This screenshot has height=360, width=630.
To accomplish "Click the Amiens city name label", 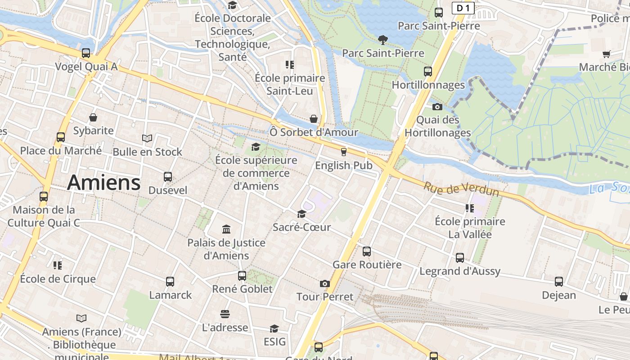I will point(104,183).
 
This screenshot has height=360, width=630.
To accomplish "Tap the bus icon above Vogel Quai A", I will point(86,53).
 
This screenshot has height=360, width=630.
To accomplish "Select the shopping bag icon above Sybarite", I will point(93,117).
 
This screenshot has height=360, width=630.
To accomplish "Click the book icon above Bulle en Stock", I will point(147,138).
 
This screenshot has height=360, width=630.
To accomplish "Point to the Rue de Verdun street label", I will point(461,189).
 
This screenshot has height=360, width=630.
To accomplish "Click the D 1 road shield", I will point(463,8).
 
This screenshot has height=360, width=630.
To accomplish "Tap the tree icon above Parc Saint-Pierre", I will point(383,40).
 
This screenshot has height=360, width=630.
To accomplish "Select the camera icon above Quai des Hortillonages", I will point(437,107).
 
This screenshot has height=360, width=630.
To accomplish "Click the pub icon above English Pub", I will point(344,152).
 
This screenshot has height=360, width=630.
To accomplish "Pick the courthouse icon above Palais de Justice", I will point(226,229).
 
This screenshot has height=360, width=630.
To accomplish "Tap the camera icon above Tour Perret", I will point(325,283).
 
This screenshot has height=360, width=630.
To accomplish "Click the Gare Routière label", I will point(367,265).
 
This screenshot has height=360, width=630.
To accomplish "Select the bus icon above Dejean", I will point(559,282).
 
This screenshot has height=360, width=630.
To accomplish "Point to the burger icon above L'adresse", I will point(225,314).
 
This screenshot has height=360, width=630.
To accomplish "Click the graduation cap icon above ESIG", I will point(274,328).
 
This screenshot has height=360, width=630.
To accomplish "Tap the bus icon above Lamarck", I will point(170,282).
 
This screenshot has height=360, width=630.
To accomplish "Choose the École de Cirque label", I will point(58,279).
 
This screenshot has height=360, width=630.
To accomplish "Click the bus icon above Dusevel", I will point(168,177).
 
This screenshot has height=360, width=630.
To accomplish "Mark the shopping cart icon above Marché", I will point(607,54).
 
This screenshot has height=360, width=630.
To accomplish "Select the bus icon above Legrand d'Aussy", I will point(460,258).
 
